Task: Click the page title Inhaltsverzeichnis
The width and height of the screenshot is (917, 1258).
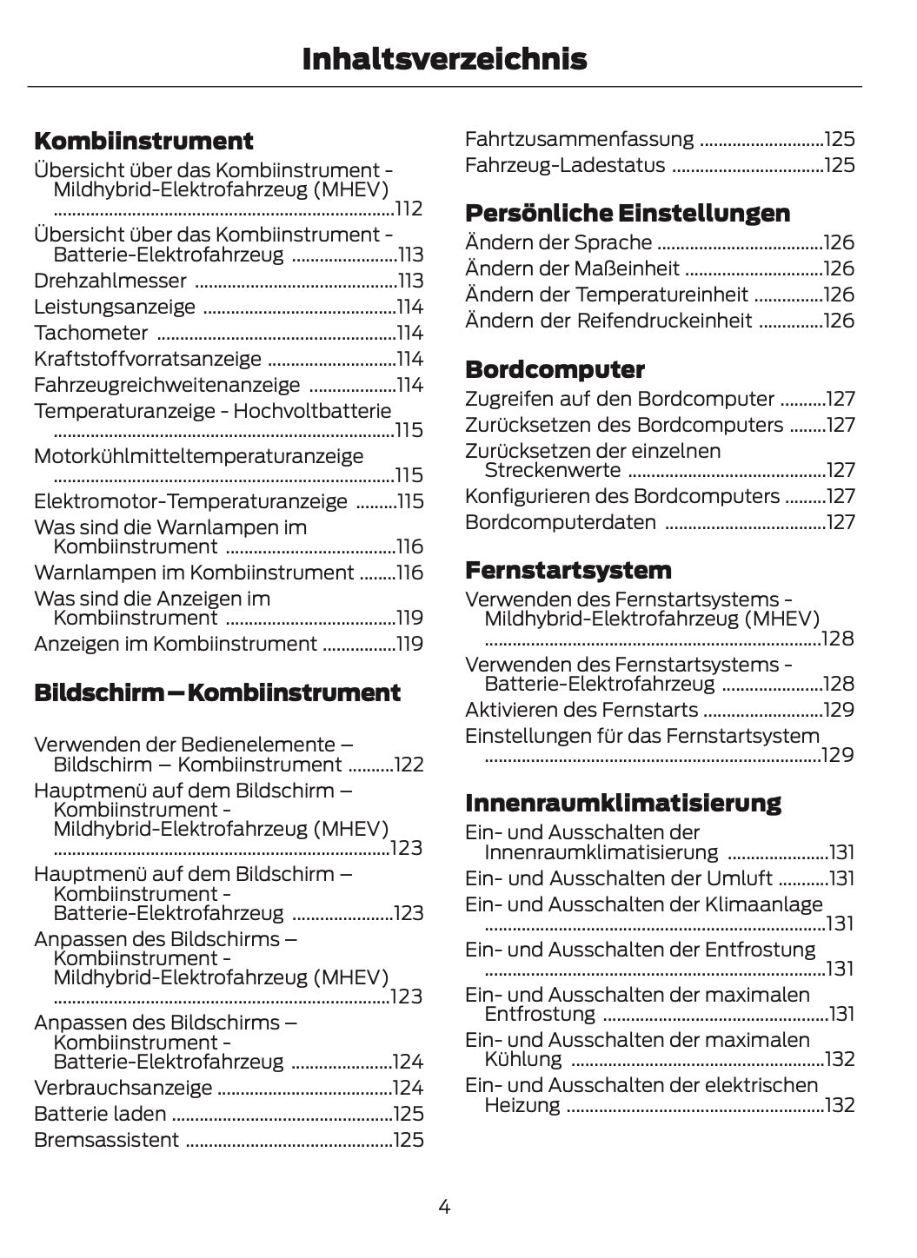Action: (x=444, y=59)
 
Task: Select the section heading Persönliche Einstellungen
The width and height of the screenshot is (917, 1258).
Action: (x=628, y=213)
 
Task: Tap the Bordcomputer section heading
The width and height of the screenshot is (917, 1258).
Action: (x=555, y=369)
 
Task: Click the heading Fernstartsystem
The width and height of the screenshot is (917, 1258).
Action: (x=568, y=570)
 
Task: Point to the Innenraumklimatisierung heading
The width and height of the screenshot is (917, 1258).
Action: (x=623, y=802)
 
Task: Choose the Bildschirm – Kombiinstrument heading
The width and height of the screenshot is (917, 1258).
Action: (x=217, y=692)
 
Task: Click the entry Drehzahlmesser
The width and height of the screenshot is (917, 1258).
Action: (x=110, y=281)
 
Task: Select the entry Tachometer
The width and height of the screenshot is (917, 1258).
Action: (x=91, y=333)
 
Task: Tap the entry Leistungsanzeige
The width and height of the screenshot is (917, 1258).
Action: (x=115, y=307)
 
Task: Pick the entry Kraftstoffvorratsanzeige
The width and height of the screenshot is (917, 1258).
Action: (x=148, y=359)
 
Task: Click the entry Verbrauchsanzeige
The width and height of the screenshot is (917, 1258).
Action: (x=123, y=1088)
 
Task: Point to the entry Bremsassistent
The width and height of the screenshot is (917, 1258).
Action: (x=107, y=1140)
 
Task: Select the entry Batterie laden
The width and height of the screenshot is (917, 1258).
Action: (x=100, y=1114)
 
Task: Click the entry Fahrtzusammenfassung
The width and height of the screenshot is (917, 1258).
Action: (x=580, y=139)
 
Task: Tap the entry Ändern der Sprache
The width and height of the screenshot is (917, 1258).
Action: (x=558, y=242)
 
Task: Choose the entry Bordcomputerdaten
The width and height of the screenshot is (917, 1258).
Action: (x=561, y=522)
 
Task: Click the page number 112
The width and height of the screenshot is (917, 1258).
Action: (x=409, y=209)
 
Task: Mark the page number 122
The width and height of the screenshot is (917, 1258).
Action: (x=409, y=765)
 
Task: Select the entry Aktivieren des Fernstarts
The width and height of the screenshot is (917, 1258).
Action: (x=581, y=710)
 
